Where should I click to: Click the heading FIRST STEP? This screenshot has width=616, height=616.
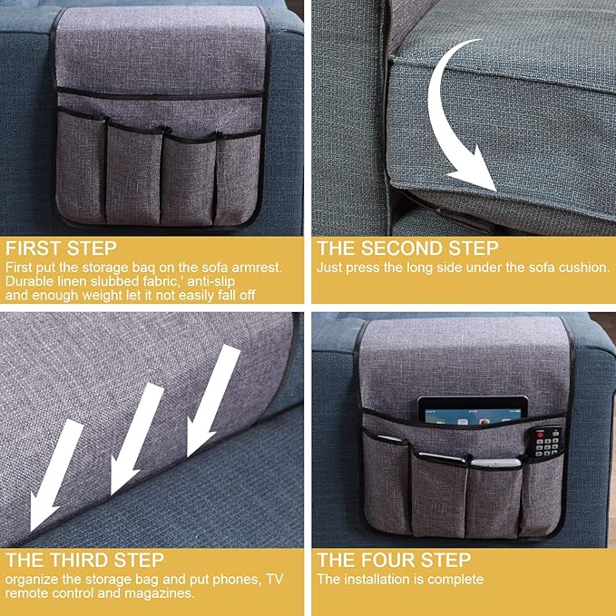pyautogui.click(x=61, y=249)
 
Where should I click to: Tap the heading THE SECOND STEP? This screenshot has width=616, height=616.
pyautogui.click(x=407, y=249)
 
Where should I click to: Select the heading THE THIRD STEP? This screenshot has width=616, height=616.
pyautogui.click(x=84, y=560)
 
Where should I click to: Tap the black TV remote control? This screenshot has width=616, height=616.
pyautogui.click(x=548, y=441)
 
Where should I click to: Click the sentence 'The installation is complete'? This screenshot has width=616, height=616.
pyautogui.click(x=400, y=579)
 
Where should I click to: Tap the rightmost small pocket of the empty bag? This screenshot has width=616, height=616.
pyautogui.click(x=233, y=177)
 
